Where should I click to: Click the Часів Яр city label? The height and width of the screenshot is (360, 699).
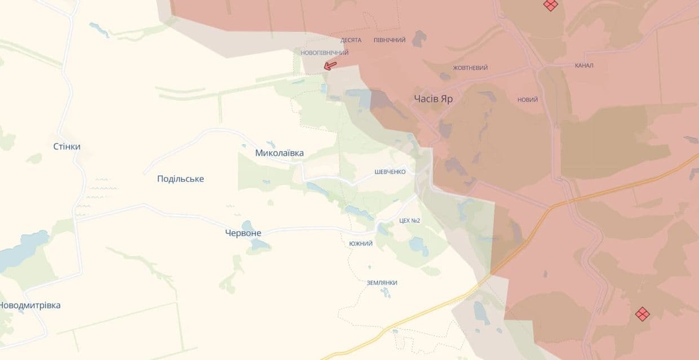click(x=433, y=99)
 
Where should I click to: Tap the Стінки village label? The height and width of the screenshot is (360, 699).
click(x=67, y=146)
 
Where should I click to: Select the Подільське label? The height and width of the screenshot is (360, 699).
click(x=180, y=179)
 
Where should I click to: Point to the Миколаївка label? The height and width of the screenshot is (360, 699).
click(x=279, y=153)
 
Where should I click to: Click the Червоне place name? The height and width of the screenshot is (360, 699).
click(x=243, y=233)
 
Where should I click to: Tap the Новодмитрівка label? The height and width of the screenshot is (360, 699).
click(x=30, y=305)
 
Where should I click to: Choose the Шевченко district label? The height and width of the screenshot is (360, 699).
click(x=390, y=172)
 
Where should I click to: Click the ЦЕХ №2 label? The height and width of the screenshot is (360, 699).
click(x=409, y=220)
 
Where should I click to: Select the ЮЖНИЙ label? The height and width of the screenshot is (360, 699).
click(x=361, y=243)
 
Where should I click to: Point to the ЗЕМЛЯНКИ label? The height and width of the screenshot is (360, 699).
click(x=382, y=282)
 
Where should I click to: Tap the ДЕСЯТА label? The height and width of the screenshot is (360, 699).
click(x=351, y=40)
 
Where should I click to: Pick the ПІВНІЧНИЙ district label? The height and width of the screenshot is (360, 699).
click(x=390, y=40)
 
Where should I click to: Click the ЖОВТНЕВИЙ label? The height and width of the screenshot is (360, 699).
click(x=470, y=68)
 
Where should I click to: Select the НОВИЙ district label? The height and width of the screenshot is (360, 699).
click(x=527, y=100)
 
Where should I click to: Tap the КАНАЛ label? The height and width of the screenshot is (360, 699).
click(x=583, y=65)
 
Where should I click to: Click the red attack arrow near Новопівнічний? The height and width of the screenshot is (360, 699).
click(x=330, y=66)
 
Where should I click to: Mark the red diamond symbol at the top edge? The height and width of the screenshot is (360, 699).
click(x=550, y=5)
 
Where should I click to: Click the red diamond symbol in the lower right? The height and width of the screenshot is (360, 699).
click(x=642, y=314)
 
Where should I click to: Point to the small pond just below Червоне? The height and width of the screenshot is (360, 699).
click(x=260, y=245)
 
